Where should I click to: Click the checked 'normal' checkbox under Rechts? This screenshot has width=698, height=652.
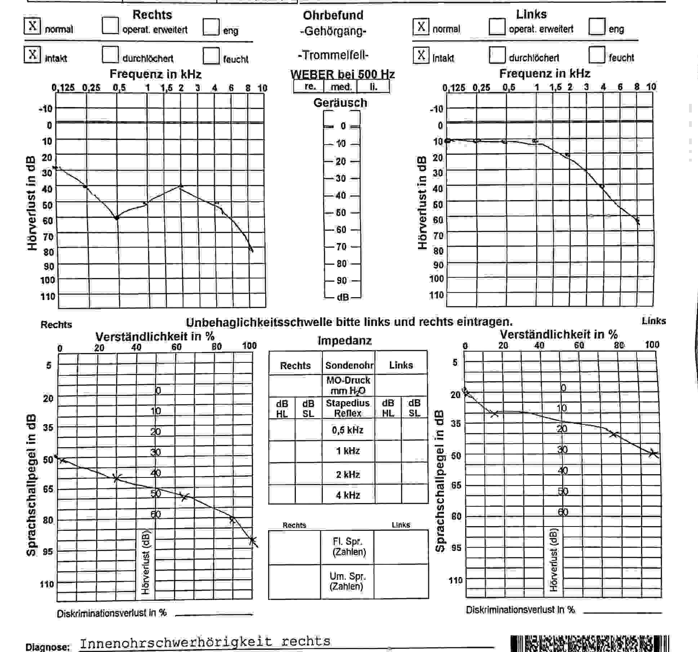(x=32, y=26)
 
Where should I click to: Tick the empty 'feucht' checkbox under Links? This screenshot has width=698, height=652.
(x=596, y=55)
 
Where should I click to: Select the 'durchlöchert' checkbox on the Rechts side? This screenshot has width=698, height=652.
(x=110, y=55)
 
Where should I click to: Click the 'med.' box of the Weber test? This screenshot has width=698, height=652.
(x=341, y=87)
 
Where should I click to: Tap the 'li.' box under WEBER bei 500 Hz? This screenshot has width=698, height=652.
(x=373, y=87)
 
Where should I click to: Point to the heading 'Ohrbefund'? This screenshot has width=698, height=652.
(x=333, y=15)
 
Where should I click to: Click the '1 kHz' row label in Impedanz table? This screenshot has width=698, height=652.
(x=348, y=451)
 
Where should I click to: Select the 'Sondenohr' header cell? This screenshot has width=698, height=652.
(x=349, y=365)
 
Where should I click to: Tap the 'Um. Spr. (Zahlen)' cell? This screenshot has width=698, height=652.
(x=347, y=581)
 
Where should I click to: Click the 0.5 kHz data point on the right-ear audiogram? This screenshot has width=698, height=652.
(x=116, y=218)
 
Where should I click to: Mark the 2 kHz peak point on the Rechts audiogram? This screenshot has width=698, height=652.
(x=181, y=186)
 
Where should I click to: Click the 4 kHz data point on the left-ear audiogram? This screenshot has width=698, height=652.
(x=602, y=186)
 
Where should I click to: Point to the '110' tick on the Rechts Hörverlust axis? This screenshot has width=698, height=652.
(x=48, y=296)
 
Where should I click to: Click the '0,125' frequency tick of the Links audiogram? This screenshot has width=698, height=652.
(x=453, y=88)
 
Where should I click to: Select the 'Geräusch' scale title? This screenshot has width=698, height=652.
(x=340, y=103)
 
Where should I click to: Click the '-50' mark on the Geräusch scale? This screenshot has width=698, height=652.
(x=341, y=212)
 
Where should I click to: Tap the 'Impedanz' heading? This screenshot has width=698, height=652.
(x=344, y=340)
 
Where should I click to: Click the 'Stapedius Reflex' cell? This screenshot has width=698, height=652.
(x=348, y=408)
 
